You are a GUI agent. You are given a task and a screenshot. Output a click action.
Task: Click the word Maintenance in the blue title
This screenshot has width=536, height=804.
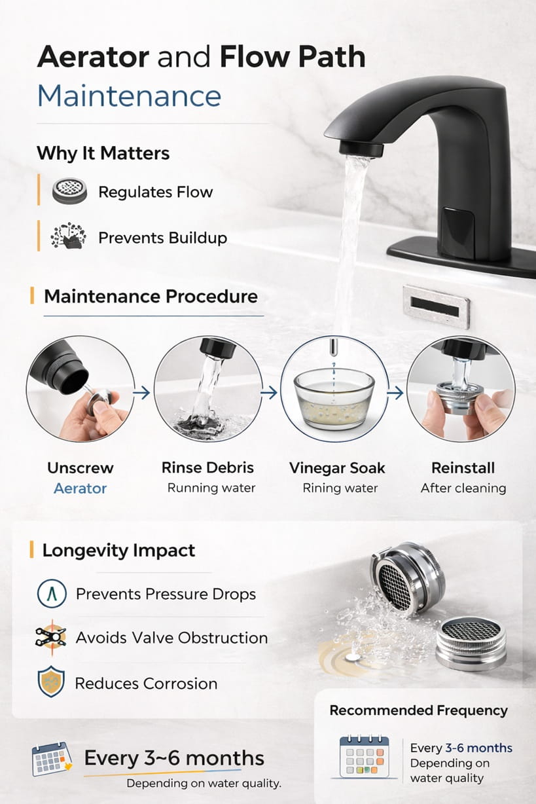129,96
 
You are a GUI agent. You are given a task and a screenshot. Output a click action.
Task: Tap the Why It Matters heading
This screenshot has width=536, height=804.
103,153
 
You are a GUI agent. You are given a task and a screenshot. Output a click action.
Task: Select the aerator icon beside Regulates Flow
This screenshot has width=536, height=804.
69,192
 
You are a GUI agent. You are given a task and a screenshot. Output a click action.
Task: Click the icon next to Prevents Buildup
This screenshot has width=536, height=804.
67,237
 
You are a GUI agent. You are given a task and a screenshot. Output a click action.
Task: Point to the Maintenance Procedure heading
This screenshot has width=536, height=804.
151,296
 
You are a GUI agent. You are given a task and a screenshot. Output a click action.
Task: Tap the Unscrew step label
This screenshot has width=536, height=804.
80,468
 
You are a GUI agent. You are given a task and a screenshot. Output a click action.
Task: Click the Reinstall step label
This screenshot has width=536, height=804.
463,468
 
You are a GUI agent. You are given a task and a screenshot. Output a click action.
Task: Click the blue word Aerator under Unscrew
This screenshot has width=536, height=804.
80,488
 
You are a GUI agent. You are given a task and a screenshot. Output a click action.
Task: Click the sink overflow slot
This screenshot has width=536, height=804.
436,305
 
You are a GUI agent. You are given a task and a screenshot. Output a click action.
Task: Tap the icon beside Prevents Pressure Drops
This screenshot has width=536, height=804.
50,594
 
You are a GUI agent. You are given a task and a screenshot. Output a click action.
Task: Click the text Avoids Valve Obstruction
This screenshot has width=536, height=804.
171,638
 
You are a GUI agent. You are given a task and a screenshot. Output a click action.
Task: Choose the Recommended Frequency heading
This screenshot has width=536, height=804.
418,710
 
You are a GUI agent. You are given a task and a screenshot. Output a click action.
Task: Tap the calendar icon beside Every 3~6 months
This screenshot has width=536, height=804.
52,759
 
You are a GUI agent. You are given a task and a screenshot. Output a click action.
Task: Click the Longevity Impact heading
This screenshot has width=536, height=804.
118,550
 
